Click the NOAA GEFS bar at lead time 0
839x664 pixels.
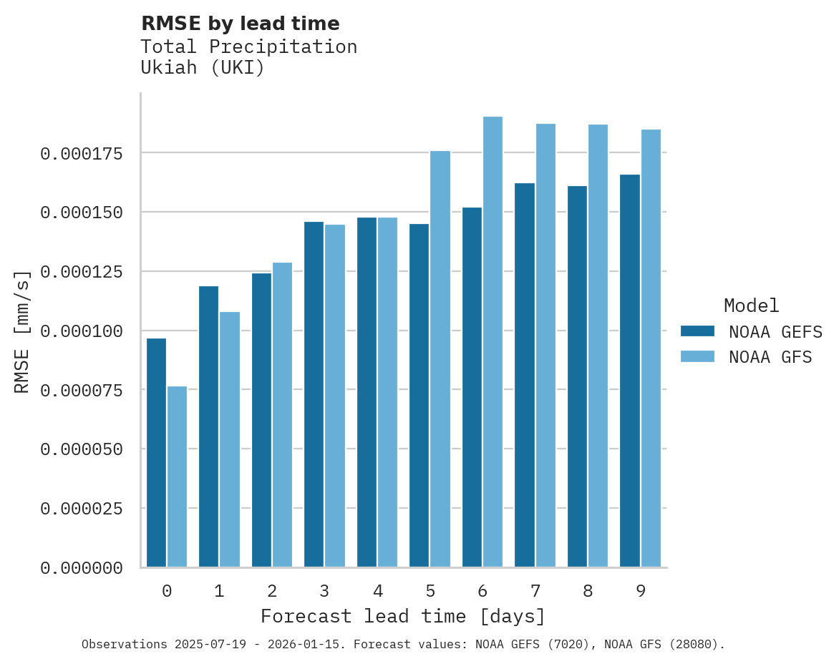click(x=156, y=452)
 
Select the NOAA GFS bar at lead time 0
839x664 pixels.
click(x=177, y=477)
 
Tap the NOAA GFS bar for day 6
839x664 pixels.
click(x=493, y=342)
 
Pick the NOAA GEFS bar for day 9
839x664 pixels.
click(x=630, y=371)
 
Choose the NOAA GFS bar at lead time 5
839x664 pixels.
click(x=440, y=359)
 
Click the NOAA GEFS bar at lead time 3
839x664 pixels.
click(x=314, y=394)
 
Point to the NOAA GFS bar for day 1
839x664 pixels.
click(x=230, y=439)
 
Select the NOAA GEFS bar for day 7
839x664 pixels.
click(x=525, y=375)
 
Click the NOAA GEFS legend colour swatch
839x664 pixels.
click(x=697, y=331)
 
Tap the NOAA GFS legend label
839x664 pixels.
click(x=770, y=357)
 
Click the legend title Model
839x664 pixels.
click(x=751, y=306)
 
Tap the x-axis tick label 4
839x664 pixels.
click(x=377, y=592)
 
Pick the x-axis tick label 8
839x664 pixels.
click(x=588, y=592)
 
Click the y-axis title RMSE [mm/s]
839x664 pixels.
click(x=22, y=331)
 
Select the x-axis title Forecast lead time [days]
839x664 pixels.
click(x=402, y=616)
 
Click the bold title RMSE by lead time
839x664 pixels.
click(x=240, y=24)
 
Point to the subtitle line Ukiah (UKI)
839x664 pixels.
click(x=203, y=68)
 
